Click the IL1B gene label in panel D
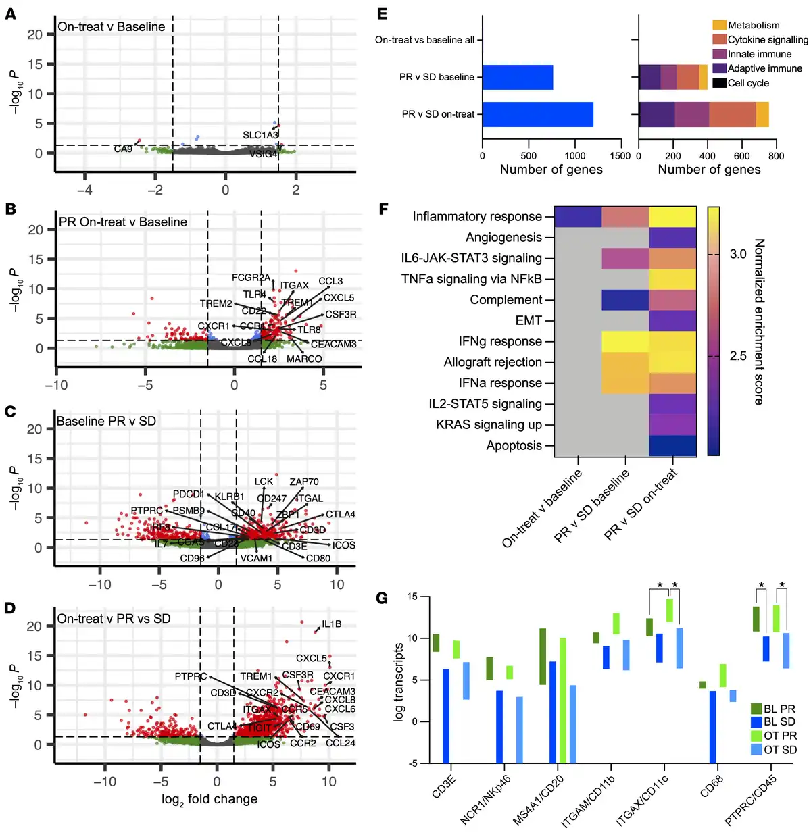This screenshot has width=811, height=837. point(331,624)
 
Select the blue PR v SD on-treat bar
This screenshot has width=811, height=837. point(538,114)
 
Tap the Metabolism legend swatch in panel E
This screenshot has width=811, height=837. point(719,25)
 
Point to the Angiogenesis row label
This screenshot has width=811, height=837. point(503,237)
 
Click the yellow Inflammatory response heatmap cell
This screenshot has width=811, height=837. point(672,217)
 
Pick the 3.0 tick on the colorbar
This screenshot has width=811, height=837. point(738,255)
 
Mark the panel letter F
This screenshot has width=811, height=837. point(383,209)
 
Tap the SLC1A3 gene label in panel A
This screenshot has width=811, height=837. point(260,135)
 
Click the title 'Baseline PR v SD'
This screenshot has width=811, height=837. point(106,421)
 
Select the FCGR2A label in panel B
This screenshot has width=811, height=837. point(251,278)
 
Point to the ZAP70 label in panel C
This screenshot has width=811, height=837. point(304,482)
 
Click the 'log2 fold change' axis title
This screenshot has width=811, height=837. point(210,799)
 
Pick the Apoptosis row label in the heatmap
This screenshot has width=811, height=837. point(514,446)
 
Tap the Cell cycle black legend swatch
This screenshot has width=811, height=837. point(719,83)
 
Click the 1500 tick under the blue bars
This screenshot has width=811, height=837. point(620,156)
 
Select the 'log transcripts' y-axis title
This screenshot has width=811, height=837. point(399,682)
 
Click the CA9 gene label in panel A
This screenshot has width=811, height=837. point(123,149)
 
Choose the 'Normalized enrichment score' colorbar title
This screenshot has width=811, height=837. point(759,322)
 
